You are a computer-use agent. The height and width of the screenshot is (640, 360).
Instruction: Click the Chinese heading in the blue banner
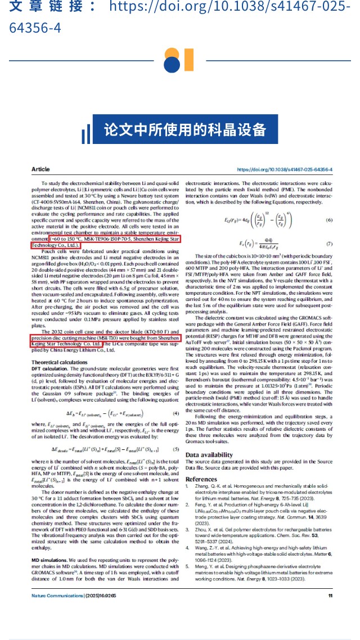(x=185, y=129)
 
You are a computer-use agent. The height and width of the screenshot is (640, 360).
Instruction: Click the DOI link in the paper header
(x=285, y=169)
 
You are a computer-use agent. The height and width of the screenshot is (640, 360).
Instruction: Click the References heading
(x=201, y=479)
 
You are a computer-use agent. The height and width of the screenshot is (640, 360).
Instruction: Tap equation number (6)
(x=330, y=219)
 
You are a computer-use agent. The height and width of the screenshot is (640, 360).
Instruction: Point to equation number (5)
(x=175, y=434)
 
